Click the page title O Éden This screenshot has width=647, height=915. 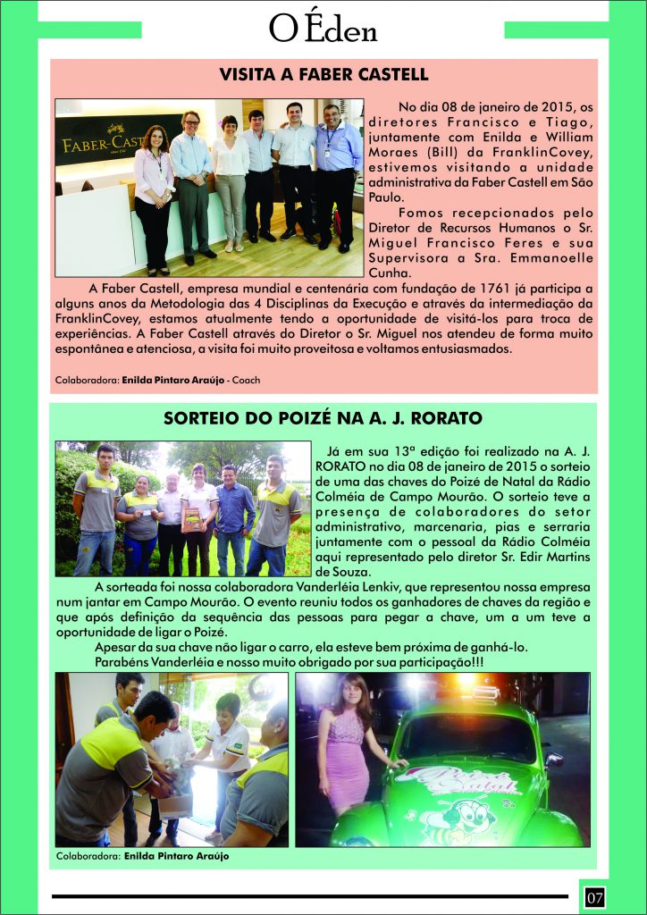point(323,28)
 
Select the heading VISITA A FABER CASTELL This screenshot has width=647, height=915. point(323,74)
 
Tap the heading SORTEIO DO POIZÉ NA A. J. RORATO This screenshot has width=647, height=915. point(323,418)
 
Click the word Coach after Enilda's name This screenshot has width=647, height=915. point(244,381)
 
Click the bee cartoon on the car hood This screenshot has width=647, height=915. point(469,815)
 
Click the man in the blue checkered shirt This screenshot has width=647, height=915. point(235,514)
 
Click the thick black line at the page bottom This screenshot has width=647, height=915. point(309,895)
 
